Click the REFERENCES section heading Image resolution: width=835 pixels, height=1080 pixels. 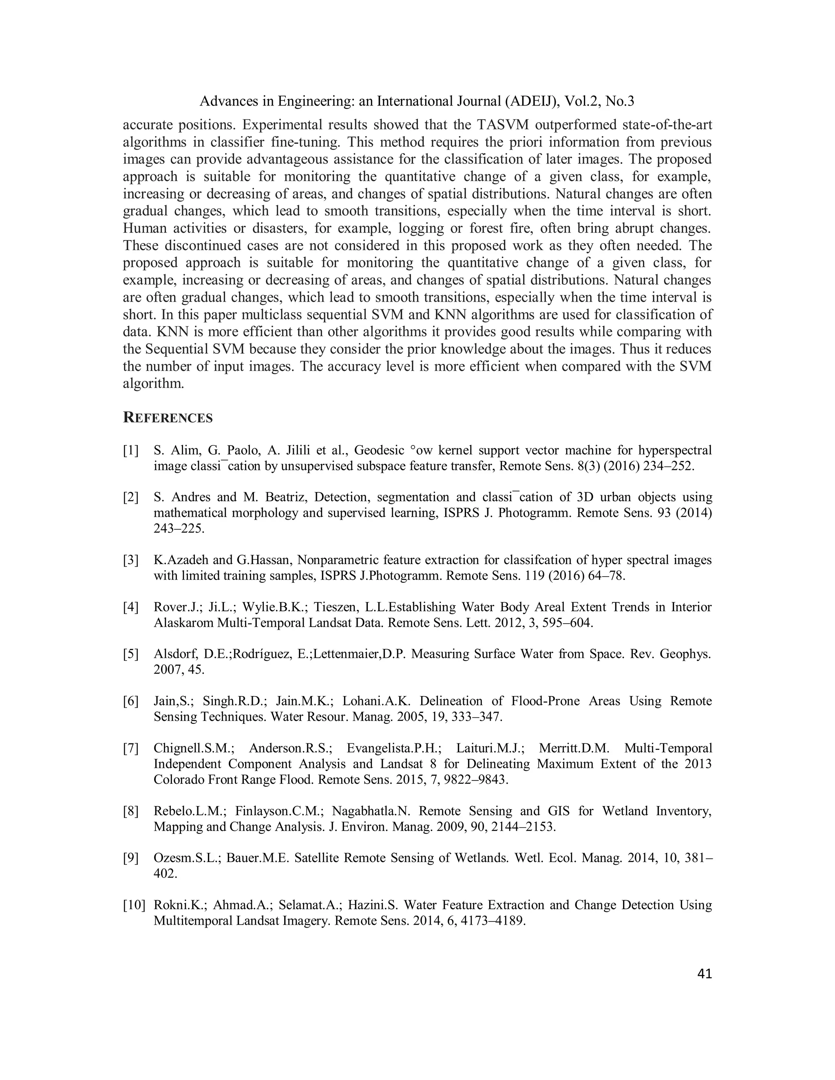click(168, 418)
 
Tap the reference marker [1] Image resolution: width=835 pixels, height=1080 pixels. click(131, 450)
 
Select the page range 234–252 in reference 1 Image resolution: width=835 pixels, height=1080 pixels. click(668, 466)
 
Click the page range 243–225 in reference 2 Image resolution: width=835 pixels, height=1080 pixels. click(179, 529)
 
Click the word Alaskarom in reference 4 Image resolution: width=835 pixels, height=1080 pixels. click(183, 623)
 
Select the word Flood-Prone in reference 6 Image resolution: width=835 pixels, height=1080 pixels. click(546, 701)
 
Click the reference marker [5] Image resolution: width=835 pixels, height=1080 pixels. click(131, 654)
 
